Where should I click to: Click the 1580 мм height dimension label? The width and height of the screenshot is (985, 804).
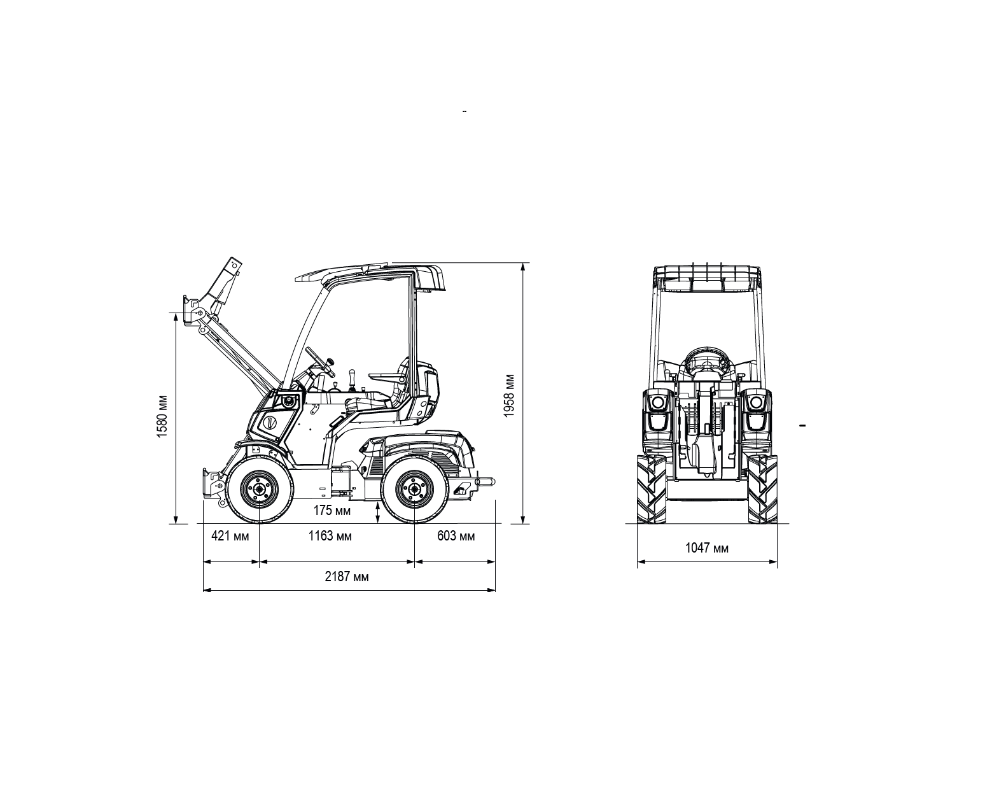coord(162,417)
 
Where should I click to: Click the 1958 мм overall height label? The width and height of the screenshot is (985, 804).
coord(508,395)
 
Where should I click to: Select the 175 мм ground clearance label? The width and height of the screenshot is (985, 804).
coord(332,510)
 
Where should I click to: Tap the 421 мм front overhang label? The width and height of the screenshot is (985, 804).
coord(230,536)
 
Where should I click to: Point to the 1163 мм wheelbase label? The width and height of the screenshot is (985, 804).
coord(330,536)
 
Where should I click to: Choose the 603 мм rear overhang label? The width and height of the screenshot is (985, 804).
coord(456,536)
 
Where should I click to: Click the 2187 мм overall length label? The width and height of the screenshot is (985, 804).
coord(347,577)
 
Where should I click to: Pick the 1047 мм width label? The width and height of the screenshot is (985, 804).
coord(707,548)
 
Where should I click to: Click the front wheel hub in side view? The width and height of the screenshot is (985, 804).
coord(259,489)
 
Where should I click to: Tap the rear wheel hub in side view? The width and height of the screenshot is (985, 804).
coord(414,489)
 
